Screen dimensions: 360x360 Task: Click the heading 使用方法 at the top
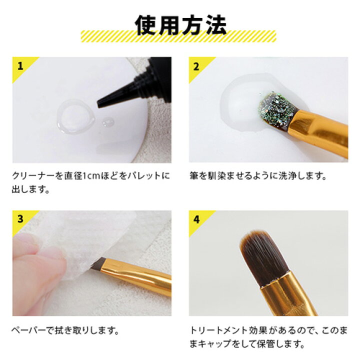pyautogui.click(x=180, y=23)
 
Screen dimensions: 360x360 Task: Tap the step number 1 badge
pyautogui.click(x=20, y=65)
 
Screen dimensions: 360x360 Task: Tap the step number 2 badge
pyautogui.click(x=196, y=65)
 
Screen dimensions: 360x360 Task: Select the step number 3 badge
pyautogui.click(x=20, y=218)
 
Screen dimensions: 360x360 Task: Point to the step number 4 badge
pyautogui.click(x=196, y=218)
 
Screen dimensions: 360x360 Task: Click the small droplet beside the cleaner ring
pyautogui.click(x=107, y=122)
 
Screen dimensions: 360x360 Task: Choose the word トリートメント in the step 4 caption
pyautogui.click(x=219, y=330)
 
